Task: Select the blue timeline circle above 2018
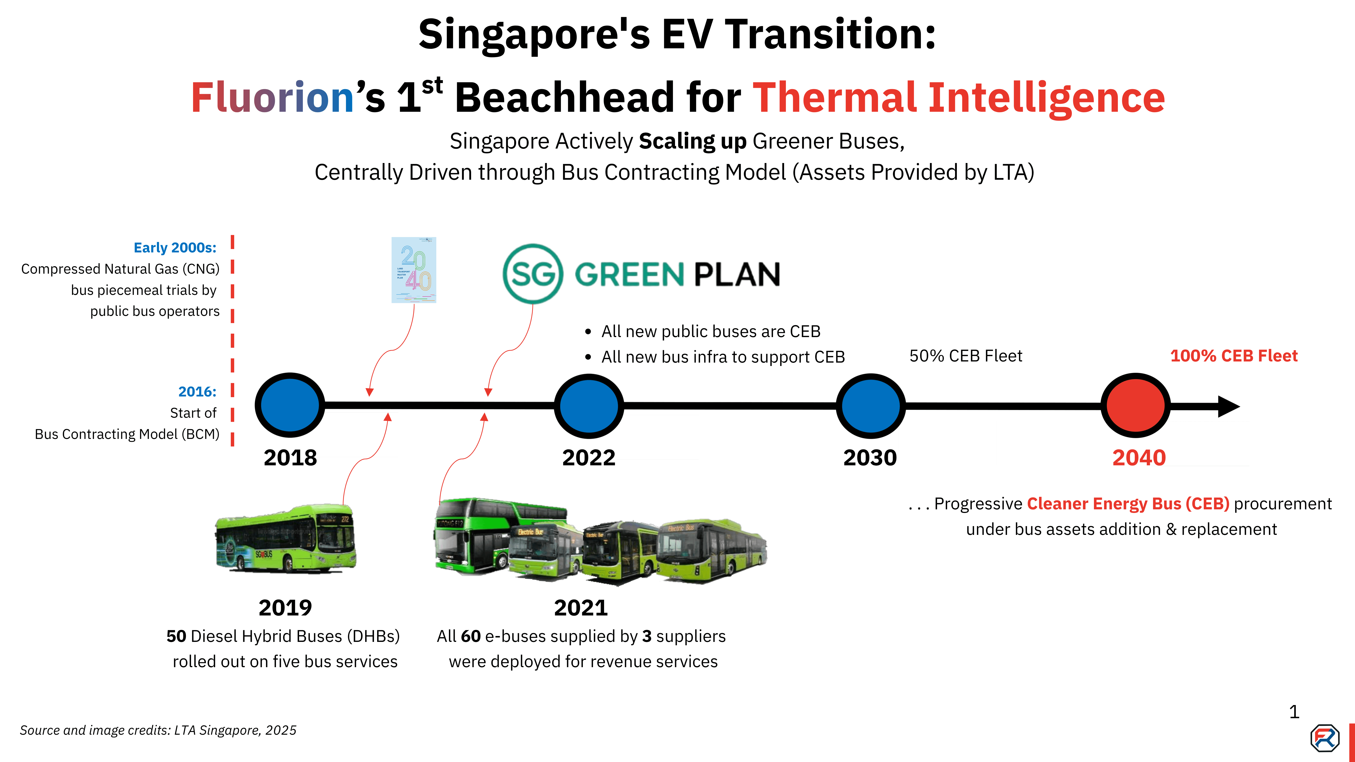pyautogui.click(x=290, y=405)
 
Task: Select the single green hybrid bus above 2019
pyautogui.click(x=286, y=539)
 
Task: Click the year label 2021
pyautogui.click(x=581, y=608)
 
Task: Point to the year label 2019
pyautogui.click(x=285, y=608)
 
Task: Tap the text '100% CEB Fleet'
pyautogui.click(x=1234, y=356)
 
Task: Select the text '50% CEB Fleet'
pyautogui.click(x=966, y=356)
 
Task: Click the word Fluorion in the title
pyautogui.click(x=272, y=98)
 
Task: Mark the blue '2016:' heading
pyautogui.click(x=197, y=392)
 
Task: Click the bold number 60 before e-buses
pyautogui.click(x=471, y=636)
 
